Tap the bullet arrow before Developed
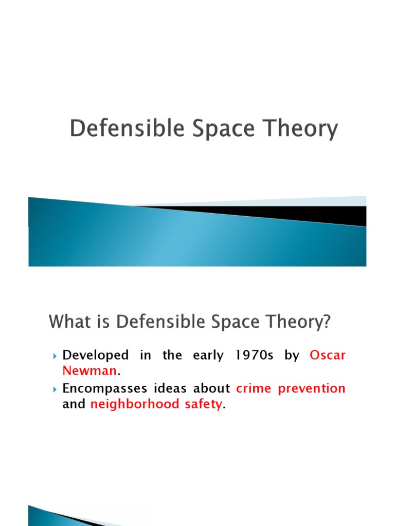tap(55, 356)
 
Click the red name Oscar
tap(327, 355)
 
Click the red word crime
tap(254, 389)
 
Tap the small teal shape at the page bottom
tap(46, 518)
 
